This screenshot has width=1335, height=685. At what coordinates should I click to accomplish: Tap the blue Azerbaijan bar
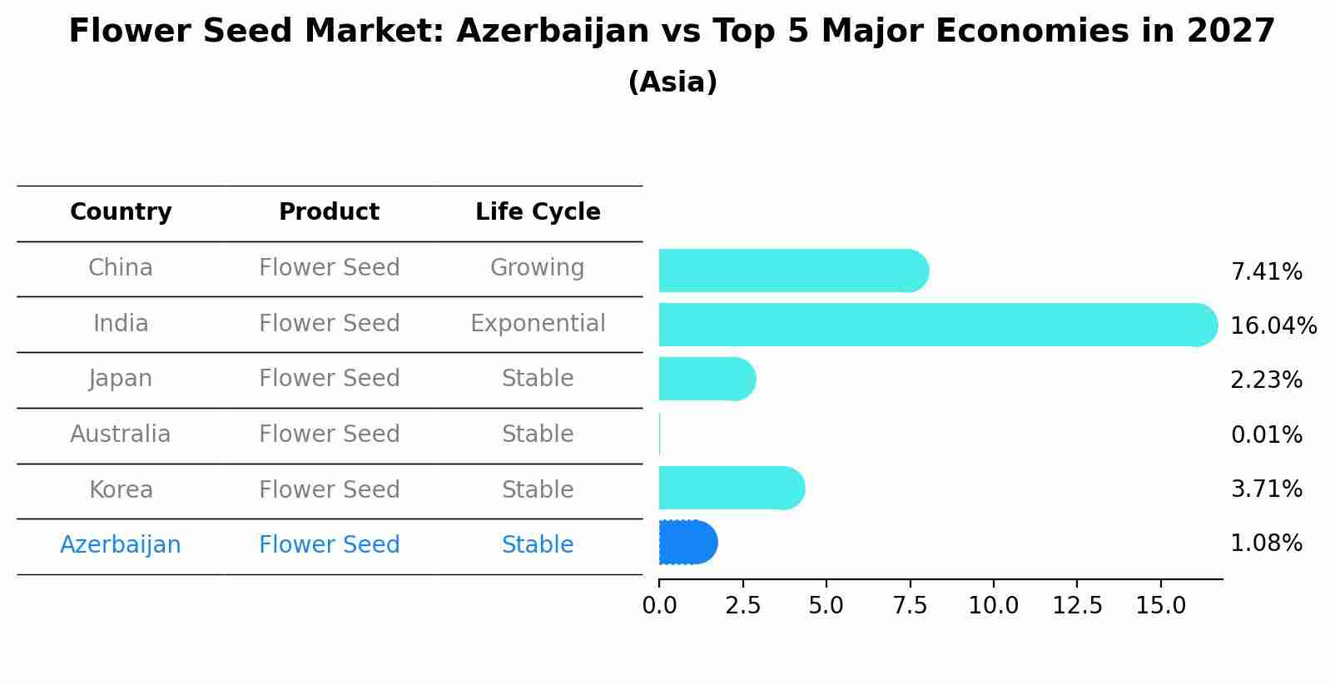(x=687, y=543)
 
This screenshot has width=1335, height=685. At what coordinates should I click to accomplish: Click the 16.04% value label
(x=1273, y=325)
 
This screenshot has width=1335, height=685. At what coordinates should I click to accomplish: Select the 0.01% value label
(x=1266, y=434)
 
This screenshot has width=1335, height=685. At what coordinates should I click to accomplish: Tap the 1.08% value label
(x=1266, y=544)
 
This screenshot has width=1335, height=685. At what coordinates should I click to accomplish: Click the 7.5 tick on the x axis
(x=910, y=606)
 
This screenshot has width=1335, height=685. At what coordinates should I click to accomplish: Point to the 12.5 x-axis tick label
(x=1077, y=606)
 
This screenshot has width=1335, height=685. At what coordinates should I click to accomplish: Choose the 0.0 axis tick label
(x=659, y=606)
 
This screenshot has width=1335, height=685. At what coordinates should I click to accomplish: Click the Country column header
(x=121, y=212)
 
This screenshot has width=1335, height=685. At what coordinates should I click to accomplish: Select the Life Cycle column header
(x=538, y=212)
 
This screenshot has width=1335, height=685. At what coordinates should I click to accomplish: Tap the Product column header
(x=329, y=212)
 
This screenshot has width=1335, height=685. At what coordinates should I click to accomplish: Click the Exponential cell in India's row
(x=538, y=323)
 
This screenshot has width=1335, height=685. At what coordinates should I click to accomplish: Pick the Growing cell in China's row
(x=537, y=268)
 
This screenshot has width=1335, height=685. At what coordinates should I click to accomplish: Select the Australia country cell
(x=121, y=434)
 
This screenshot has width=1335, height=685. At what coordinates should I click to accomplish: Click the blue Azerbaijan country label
(x=121, y=545)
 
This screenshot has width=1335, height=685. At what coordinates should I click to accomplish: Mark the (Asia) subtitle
(x=672, y=82)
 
